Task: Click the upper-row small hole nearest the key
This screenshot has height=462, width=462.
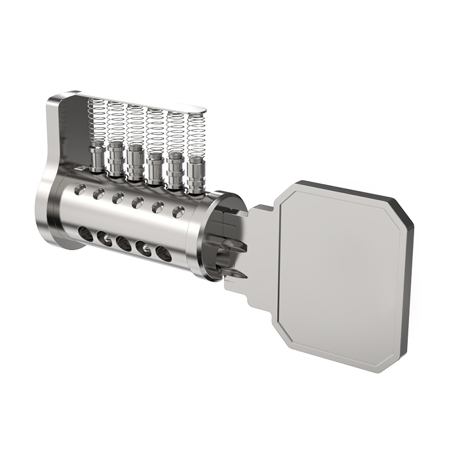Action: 178,211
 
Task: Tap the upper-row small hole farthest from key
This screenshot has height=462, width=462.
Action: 81,188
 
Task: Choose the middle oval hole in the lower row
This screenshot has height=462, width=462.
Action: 123,243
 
